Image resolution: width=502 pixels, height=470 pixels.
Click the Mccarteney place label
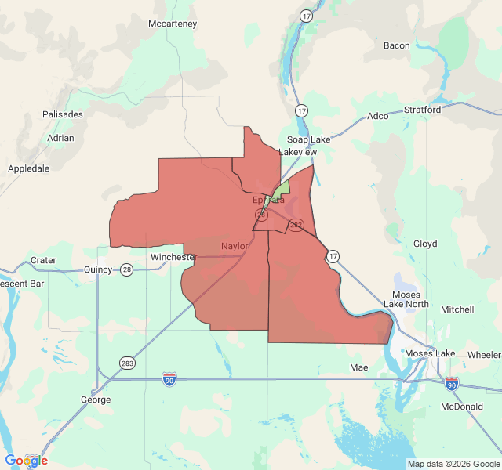click(x=173, y=23)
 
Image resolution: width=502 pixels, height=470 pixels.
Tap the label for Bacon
click(x=396, y=45)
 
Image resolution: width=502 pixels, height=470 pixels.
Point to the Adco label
click(x=377, y=116)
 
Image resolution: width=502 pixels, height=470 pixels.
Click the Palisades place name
click(x=63, y=114)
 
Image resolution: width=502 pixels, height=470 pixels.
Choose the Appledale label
click(x=28, y=168)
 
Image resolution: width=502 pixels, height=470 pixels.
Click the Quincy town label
click(x=98, y=270)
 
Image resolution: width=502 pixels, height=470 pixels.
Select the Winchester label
click(x=173, y=257)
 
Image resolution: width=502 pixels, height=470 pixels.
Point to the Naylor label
click(x=235, y=246)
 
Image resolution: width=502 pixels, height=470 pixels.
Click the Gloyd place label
click(x=425, y=244)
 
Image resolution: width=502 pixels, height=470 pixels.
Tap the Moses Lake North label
click(x=411, y=299)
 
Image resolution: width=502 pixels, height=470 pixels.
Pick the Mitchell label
click(x=457, y=309)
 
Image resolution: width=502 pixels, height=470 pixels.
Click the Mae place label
click(x=358, y=367)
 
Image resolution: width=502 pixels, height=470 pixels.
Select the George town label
click(x=96, y=399)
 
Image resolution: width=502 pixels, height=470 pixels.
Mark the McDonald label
click(x=461, y=407)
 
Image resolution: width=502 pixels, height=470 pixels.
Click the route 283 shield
click(x=127, y=363)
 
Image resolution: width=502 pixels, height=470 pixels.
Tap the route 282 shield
click(x=296, y=225)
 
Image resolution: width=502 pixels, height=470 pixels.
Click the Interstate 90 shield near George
click(x=169, y=379)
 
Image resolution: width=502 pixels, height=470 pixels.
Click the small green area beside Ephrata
click(x=280, y=190)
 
